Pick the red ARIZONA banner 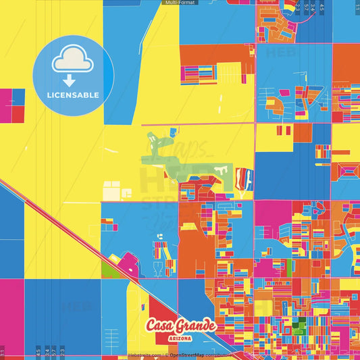180,337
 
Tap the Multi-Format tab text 180,3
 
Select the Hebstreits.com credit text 143,355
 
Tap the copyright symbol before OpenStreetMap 166,355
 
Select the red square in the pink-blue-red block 18,97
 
